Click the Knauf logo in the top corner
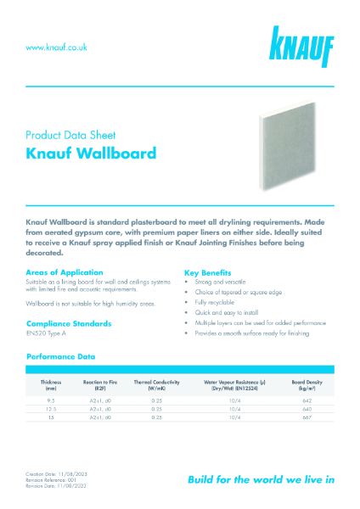[301, 46]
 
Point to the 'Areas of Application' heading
[66, 272]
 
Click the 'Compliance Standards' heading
[71, 324]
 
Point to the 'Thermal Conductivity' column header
[155, 384]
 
